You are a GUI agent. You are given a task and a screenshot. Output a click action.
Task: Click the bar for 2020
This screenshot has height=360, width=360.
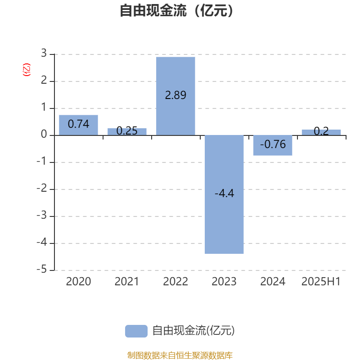(78, 125)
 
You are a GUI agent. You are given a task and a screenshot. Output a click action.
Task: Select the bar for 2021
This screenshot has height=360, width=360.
(127, 132)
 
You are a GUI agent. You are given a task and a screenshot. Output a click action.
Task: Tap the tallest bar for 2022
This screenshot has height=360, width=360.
(175, 96)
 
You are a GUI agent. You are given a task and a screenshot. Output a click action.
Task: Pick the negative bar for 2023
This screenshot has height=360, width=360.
(224, 194)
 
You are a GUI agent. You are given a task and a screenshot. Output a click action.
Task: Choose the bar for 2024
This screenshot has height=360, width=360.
(273, 145)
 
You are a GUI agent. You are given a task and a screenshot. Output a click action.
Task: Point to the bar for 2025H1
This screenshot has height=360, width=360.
(321, 132)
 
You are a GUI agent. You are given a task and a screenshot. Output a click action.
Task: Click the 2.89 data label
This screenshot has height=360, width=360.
(175, 95)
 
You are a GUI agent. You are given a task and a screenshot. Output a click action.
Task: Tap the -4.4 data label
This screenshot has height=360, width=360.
(224, 193)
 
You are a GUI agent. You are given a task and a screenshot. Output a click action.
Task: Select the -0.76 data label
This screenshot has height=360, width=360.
(273, 144)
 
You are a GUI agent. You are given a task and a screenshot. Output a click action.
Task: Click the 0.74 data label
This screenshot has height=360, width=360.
(78, 124)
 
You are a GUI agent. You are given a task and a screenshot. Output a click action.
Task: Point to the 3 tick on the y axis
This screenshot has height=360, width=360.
(44, 53)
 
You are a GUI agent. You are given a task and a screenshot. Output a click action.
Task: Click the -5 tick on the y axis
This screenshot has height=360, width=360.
(42, 269)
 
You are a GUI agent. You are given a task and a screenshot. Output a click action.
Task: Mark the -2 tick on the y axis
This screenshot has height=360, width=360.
(42, 188)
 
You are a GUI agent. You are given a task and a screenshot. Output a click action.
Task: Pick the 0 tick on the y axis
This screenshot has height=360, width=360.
(44, 134)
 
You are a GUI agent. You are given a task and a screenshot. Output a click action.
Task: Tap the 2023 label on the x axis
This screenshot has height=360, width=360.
(224, 282)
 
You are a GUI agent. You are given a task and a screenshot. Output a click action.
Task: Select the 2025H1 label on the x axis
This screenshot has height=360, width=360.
(321, 282)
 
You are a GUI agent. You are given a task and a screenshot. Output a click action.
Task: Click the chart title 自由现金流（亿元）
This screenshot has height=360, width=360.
(176, 10)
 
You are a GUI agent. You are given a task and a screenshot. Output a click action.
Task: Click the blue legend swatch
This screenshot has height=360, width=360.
(136, 331)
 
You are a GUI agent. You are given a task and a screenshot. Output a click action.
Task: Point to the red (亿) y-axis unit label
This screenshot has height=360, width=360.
(27, 70)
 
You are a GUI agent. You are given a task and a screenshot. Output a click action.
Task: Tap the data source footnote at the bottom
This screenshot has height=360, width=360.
(180, 355)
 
